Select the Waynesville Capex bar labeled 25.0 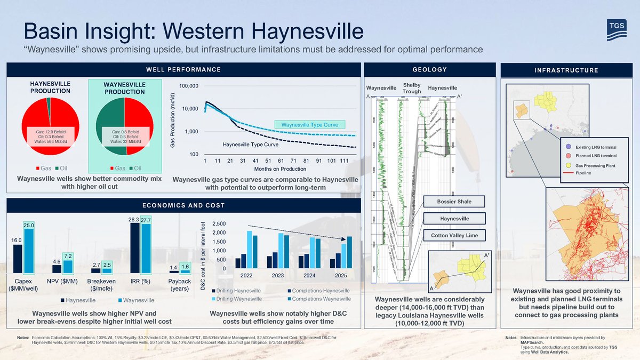pos(29,251)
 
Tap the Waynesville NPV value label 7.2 pos(68,257)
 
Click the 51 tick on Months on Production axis pos(268,160)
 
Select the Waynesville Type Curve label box pos(310,125)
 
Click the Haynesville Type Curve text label pos(251,145)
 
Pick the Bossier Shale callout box pos(453,202)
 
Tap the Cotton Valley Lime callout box pos(453,235)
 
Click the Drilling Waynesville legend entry pos(238,299)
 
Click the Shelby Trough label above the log pos(412,88)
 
